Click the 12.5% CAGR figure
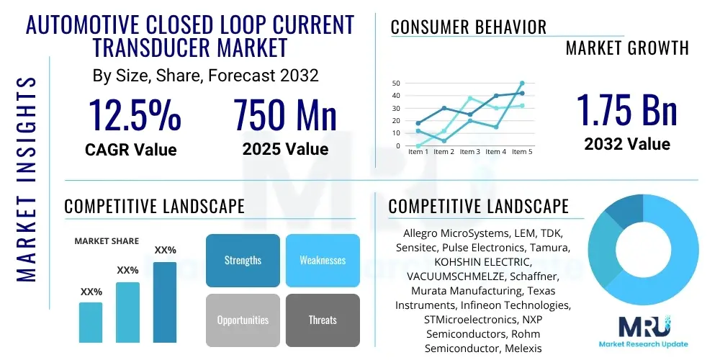pos(135,114)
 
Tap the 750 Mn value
pos(285,114)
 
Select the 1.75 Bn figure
pos(626,111)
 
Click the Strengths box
pos(243,260)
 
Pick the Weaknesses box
pos(322,260)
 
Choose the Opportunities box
pos(243,320)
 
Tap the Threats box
pos(322,320)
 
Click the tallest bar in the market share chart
pos(165,302)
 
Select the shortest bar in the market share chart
pos(91,322)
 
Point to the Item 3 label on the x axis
pos(469,152)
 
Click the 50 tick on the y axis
pos(396,84)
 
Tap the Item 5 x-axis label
pos(522,152)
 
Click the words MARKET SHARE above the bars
pos(107,241)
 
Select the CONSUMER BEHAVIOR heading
pos(468,27)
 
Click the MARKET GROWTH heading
pos(627,48)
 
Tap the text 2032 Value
pos(626,144)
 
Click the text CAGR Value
pos(131,150)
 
